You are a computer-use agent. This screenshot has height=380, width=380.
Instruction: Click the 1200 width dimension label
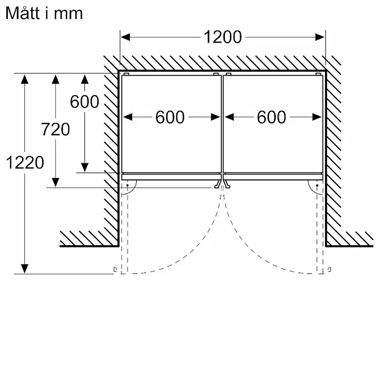tap(223, 37)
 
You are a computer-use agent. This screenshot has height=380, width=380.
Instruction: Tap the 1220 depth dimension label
tap(25, 162)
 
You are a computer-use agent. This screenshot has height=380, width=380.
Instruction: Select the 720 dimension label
tap(56, 129)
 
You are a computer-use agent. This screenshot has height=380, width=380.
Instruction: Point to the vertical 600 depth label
tap(84, 101)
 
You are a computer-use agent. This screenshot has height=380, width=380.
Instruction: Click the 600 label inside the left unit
tap(170, 117)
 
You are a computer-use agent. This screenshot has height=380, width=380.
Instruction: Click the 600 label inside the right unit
tap(271, 117)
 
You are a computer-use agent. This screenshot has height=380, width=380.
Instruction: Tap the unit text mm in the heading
tap(68, 14)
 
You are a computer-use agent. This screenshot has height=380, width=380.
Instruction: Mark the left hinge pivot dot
tap(128, 185)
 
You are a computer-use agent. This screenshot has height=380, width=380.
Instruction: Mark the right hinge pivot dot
tap(317, 185)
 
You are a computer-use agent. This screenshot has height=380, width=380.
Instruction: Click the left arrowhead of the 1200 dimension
tap(125, 37)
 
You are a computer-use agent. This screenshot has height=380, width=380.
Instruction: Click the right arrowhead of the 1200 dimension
tap(320, 37)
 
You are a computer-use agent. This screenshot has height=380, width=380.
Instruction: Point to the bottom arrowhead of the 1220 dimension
tap(24, 269)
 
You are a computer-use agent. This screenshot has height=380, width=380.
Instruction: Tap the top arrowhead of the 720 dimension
tap(56, 79)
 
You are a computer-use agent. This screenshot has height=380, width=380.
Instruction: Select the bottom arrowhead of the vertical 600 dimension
tap(84, 168)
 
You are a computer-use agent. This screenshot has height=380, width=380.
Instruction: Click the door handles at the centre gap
tap(222, 184)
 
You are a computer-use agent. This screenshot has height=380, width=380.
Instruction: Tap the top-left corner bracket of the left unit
tap(126, 74)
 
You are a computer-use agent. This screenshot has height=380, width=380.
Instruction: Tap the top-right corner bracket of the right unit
tap(319, 74)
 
